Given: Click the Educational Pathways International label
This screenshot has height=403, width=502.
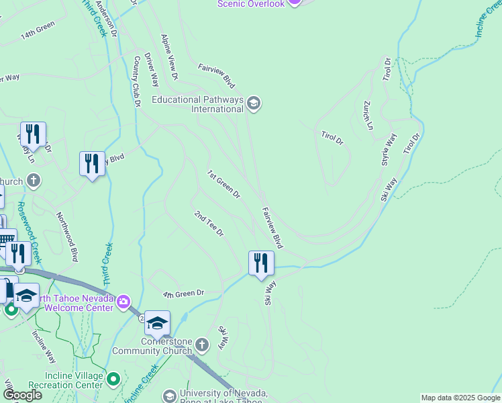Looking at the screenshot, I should (x=197, y=104).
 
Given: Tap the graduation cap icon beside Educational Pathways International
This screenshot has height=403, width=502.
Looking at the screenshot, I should (x=254, y=103).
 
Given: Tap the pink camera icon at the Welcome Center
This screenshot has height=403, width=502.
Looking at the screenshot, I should (x=123, y=302).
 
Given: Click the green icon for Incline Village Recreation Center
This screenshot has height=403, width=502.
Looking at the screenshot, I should (x=113, y=379).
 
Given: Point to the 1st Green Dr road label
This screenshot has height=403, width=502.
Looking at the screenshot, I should (x=223, y=184).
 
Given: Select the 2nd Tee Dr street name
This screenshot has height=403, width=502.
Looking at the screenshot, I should (x=209, y=223).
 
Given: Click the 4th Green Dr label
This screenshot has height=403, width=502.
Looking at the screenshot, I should (x=183, y=294).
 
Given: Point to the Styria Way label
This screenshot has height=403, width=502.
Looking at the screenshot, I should (x=389, y=149).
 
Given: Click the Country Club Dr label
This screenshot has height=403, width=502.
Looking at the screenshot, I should (x=136, y=81).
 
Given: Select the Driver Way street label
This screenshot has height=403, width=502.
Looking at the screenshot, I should (x=152, y=71).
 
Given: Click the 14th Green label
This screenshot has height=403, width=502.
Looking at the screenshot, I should (x=38, y=31).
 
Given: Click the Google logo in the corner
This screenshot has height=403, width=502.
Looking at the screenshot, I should (x=21, y=395).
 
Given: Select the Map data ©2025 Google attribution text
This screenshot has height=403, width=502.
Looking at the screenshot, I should (x=460, y=398).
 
